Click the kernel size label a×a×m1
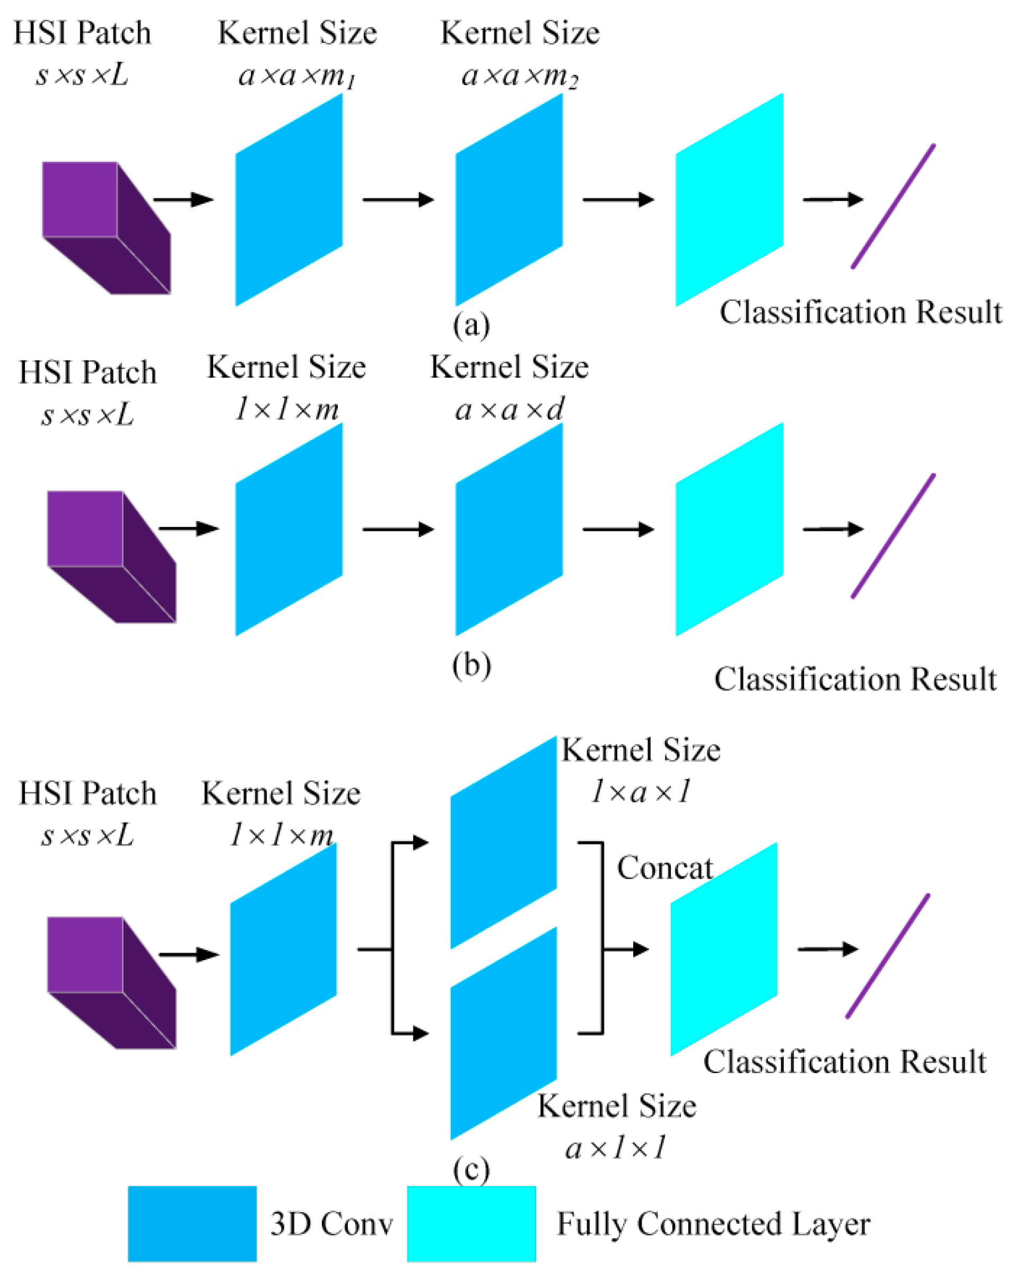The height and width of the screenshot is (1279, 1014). click(296, 76)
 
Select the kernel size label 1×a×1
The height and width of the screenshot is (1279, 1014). click(641, 791)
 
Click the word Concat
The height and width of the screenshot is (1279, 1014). click(664, 868)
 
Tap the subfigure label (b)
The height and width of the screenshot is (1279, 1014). click(471, 665)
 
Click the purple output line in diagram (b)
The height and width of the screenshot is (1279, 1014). click(893, 535)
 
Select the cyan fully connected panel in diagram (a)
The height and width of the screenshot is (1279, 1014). click(729, 200)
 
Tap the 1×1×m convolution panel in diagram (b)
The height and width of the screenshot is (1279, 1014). click(289, 529)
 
